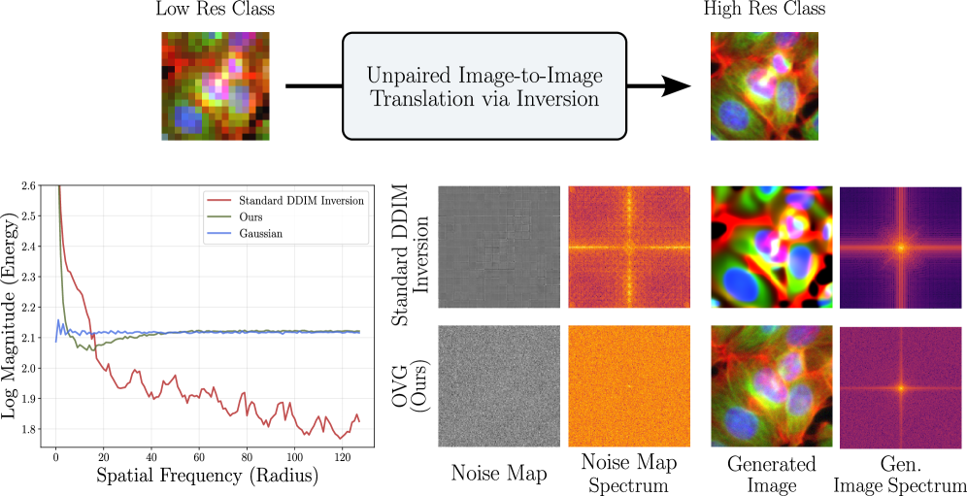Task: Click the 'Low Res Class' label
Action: point(215,10)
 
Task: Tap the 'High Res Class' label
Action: point(764,10)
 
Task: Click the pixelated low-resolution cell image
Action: point(216,85)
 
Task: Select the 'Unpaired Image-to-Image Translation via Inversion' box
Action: point(484,85)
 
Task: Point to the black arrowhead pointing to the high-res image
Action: point(676,86)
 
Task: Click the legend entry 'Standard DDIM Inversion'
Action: point(301,200)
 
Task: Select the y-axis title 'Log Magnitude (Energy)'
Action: point(9,315)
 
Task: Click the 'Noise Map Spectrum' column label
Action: point(628,473)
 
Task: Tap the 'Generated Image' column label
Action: point(772,474)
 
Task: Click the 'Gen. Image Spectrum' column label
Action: point(902,474)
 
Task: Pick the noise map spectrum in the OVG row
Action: point(628,387)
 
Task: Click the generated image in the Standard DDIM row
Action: point(772,247)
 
